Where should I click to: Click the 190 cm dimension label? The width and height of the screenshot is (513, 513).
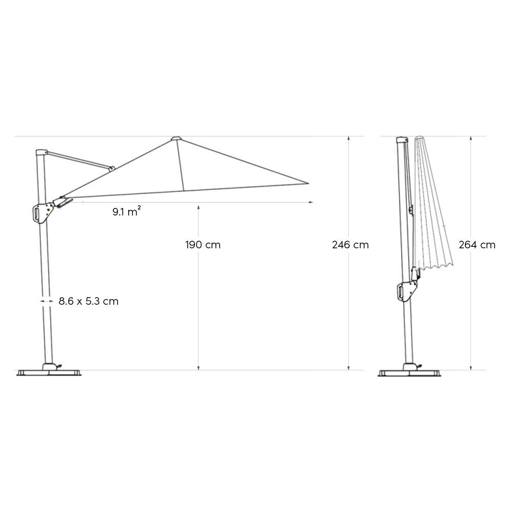203,245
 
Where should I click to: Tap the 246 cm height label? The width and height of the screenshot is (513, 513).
350,245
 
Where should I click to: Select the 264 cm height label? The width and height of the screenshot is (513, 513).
477,245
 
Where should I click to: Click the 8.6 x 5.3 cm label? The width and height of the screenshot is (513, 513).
88,302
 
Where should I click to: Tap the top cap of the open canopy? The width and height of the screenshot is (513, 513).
176,139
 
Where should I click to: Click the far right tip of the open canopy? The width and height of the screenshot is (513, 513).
308,182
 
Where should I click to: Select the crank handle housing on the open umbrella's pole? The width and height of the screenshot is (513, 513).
41,212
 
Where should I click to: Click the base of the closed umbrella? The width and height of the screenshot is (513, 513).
409,371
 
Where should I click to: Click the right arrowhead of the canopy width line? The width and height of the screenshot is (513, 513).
311,203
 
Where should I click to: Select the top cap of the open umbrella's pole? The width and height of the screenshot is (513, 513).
41,152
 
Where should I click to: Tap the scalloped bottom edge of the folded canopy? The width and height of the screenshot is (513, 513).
436,265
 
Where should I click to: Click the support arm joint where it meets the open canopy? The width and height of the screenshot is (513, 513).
111,168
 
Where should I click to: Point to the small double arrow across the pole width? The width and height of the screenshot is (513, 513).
46,302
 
